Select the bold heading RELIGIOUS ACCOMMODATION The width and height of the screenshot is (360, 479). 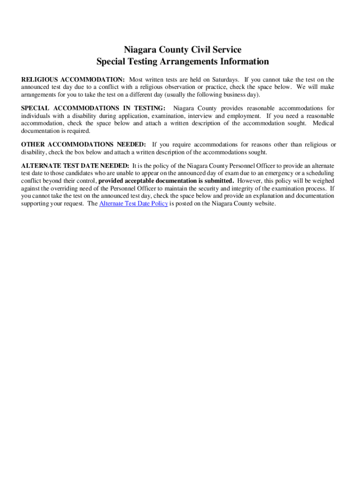tap(72, 80)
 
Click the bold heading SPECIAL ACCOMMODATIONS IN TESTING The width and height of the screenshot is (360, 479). tap(93, 109)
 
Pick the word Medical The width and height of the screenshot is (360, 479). tap(323, 123)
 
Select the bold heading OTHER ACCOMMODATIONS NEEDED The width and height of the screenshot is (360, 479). tap(83, 145)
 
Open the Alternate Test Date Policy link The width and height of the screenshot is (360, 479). tap(134, 204)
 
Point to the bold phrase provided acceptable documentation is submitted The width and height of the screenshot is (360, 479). tap(166, 181)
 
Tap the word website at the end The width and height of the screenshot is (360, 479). tap(265, 204)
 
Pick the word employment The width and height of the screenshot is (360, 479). tap(245, 116)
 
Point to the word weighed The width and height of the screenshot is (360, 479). tap(322, 181)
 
